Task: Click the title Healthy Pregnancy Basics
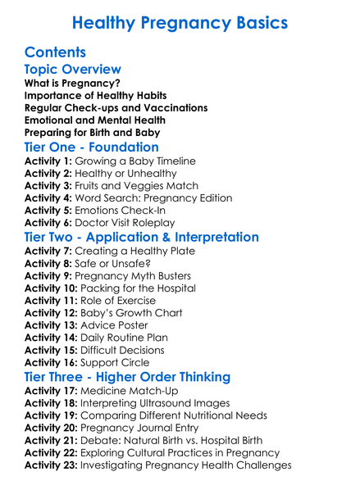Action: (180, 22)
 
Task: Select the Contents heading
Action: (56, 52)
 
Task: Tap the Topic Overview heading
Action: (73, 70)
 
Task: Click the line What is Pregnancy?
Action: (72, 84)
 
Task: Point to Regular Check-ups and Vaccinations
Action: (116, 108)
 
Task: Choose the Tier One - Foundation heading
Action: (92, 147)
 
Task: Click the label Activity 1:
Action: (50, 161)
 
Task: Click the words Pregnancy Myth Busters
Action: (139, 276)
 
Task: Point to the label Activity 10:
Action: (53, 288)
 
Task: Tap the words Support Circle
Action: (119, 362)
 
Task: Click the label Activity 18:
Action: (53, 404)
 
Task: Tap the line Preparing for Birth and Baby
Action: (93, 132)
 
